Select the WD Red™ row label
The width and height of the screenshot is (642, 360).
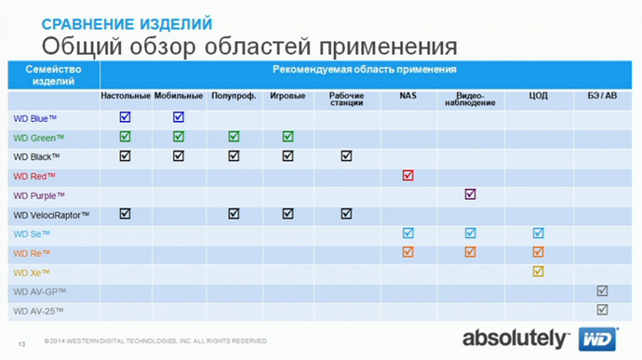pyautogui.click(x=34, y=176)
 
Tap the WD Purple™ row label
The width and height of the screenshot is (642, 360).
pyautogui.click(x=39, y=195)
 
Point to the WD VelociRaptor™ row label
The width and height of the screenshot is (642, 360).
pyautogui.click(x=51, y=215)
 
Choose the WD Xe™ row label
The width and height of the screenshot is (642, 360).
pyautogui.click(x=31, y=273)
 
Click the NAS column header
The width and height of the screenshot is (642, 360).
pyautogui.click(x=408, y=96)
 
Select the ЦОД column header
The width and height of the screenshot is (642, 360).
pyautogui.click(x=538, y=96)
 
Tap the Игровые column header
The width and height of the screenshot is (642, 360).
pyautogui.click(x=288, y=96)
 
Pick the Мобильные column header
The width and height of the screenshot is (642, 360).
pyautogui.click(x=179, y=96)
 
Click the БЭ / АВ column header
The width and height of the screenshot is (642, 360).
pyautogui.click(x=602, y=96)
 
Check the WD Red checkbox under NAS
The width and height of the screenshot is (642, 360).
pyautogui.click(x=408, y=175)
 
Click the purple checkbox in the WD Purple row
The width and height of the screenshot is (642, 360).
pyautogui.click(x=471, y=194)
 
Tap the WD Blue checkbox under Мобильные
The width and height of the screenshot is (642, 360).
pyautogui.click(x=179, y=117)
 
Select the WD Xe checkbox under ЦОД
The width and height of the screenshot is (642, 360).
pyautogui.click(x=538, y=272)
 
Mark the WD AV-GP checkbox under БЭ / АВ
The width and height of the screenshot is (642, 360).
pyautogui.click(x=602, y=291)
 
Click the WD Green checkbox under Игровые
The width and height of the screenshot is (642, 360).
pyautogui.click(x=288, y=137)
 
